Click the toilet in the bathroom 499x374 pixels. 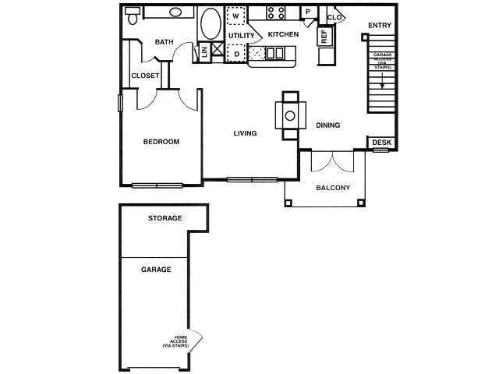[x=133, y=14]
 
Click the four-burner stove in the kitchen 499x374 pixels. [x=276, y=13]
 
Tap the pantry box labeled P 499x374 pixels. [x=308, y=12]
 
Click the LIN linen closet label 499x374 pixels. [x=203, y=51]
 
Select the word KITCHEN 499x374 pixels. [x=283, y=34]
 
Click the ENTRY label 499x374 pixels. [x=380, y=26]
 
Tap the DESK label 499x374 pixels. [x=381, y=143]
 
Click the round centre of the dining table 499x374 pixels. [x=290, y=115]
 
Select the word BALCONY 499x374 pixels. [x=333, y=188]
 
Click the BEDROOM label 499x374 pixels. [x=161, y=142]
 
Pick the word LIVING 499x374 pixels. [x=245, y=133]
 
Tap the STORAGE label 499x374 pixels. [x=165, y=218]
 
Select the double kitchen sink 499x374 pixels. [x=275, y=53]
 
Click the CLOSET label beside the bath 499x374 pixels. [x=145, y=76]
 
